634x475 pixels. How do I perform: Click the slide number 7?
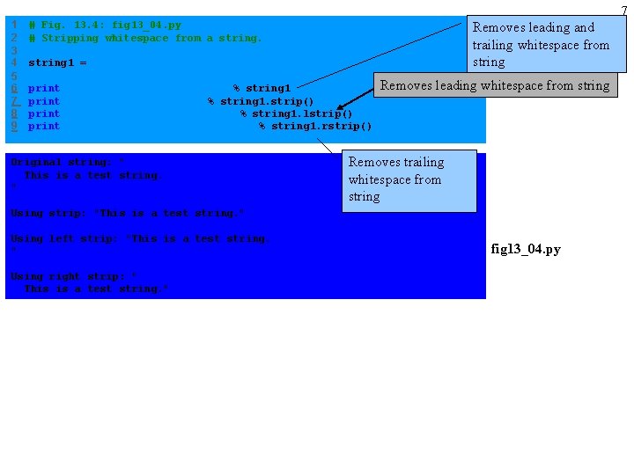pos(624,10)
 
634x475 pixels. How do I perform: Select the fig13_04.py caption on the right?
pos(525,249)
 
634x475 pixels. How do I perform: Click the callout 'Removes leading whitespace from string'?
pos(494,85)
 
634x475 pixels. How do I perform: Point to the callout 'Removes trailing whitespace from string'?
pos(408,179)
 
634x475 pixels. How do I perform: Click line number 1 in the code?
pos(14,25)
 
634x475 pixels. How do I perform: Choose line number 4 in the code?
pos(14,62)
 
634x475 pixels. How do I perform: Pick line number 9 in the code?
pos(14,126)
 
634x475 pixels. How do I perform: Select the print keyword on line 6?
pos(44,88)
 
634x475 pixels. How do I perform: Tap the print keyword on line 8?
pos(44,113)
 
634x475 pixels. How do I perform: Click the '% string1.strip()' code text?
pos(261,101)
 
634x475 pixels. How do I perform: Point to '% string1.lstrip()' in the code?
pos(296,113)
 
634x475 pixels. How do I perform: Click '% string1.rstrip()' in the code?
pos(315,127)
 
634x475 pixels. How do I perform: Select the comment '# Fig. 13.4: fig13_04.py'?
pos(105,26)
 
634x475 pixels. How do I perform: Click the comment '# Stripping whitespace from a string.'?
pos(145,38)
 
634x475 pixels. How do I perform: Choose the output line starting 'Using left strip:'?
pos(140,238)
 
